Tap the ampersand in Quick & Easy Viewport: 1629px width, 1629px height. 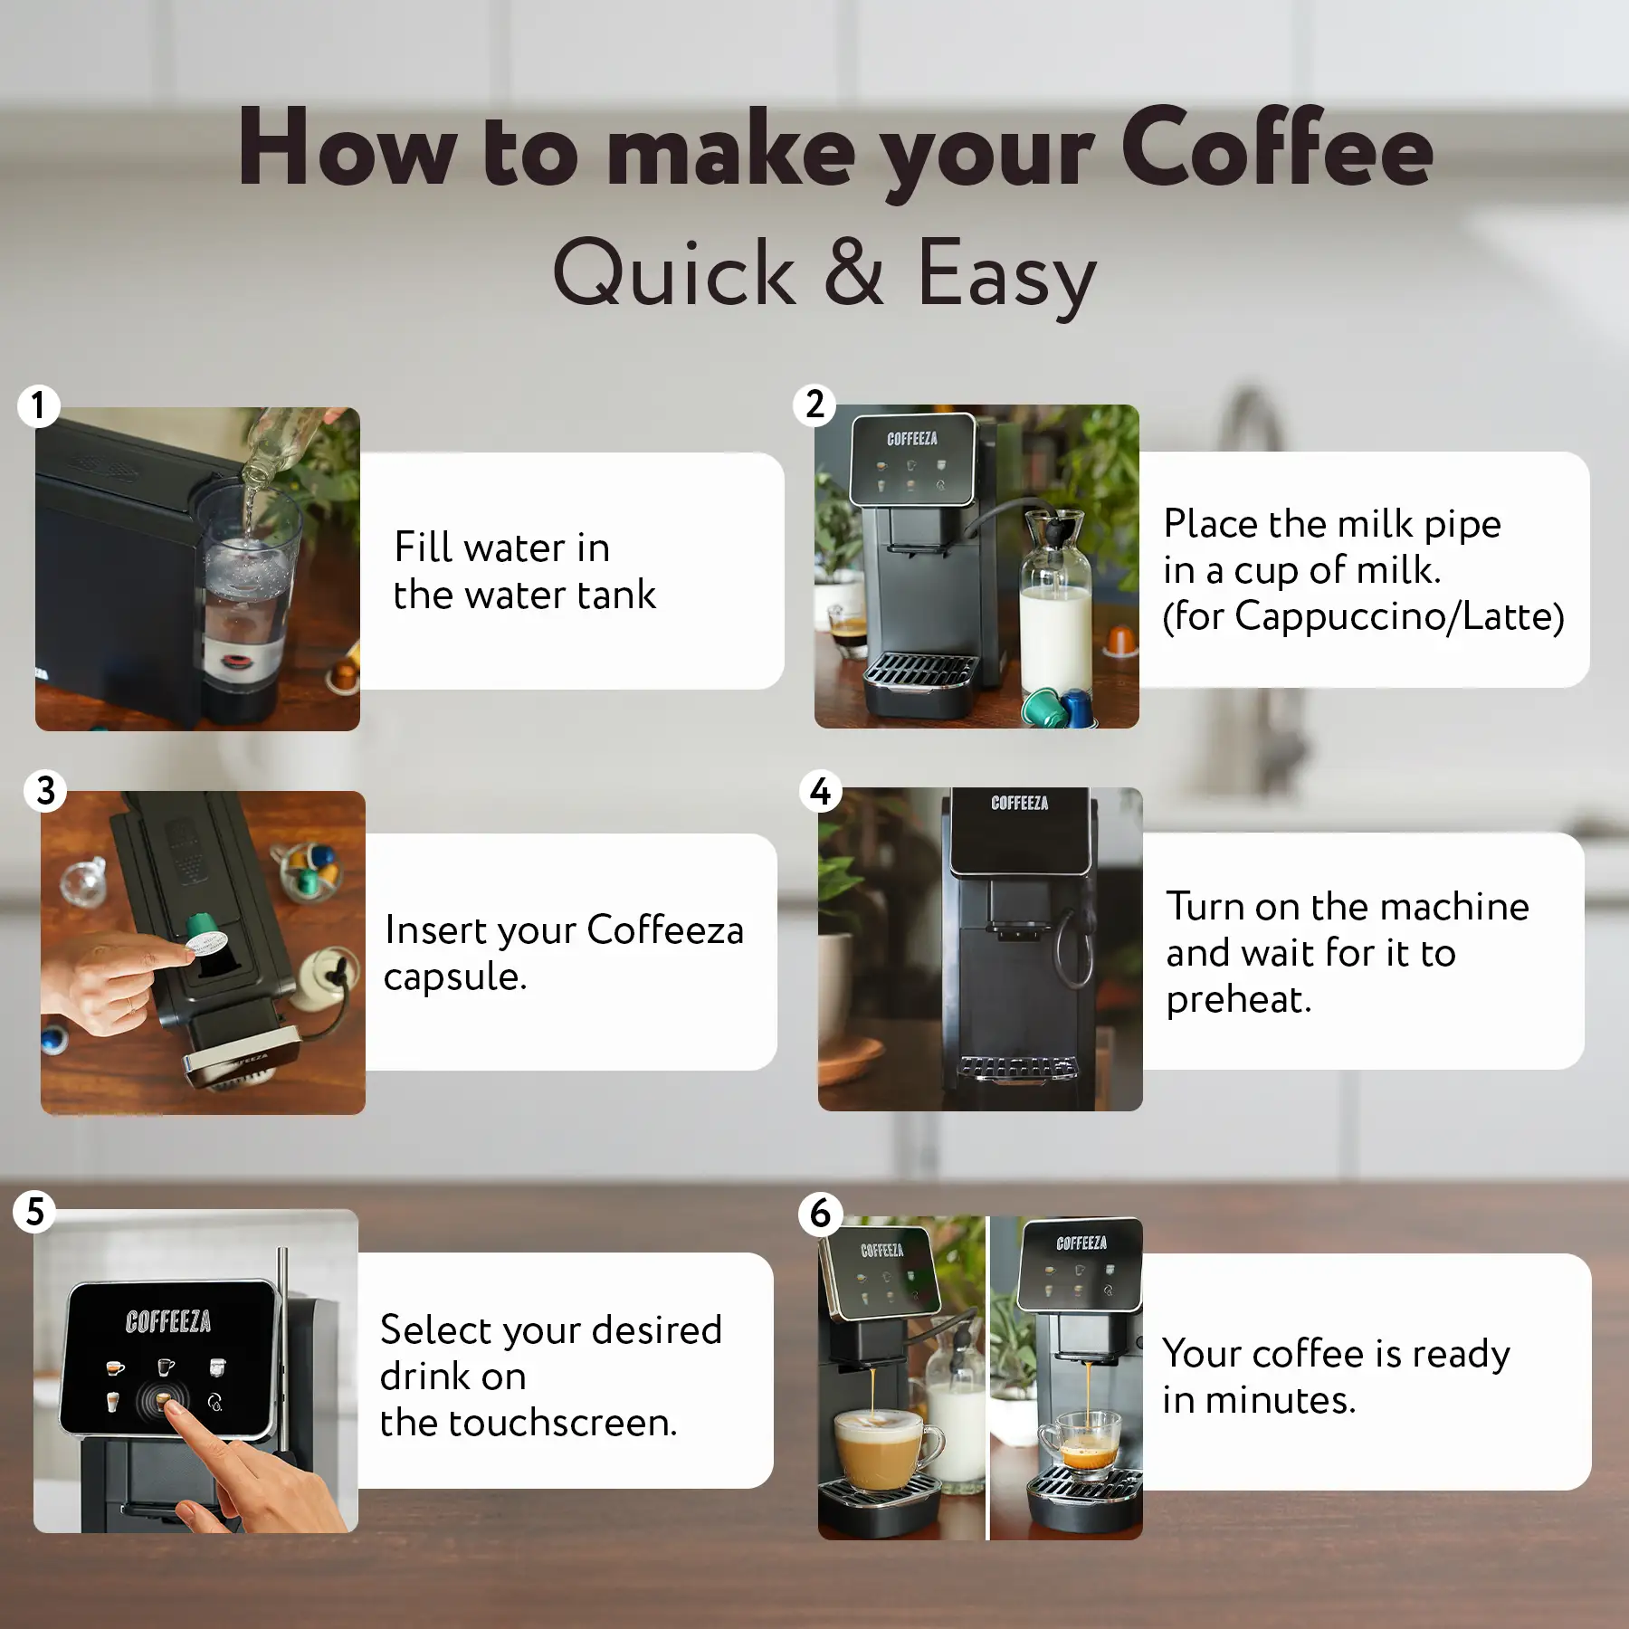[x=853, y=271]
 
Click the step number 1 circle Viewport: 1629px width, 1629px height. [x=38, y=406]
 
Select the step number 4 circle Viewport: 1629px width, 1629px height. [x=821, y=792]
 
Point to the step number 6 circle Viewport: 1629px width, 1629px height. [x=821, y=1213]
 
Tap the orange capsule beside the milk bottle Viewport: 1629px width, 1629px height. [x=1120, y=641]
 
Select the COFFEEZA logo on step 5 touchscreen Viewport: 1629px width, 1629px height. [x=168, y=1322]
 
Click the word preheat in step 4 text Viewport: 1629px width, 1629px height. [x=1238, y=1000]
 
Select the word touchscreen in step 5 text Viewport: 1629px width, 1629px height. [x=561, y=1424]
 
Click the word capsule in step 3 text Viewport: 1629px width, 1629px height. [x=454, y=977]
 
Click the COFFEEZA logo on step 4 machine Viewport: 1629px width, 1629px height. [x=1019, y=804]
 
